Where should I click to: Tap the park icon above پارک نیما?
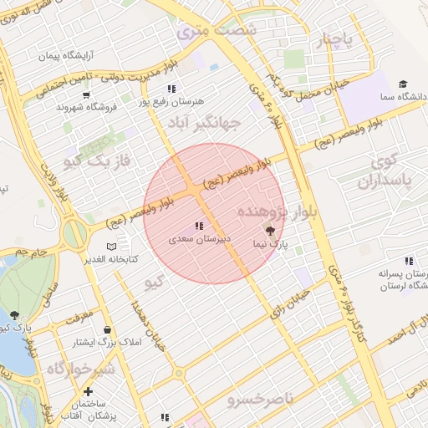269,228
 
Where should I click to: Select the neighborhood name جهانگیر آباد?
204,124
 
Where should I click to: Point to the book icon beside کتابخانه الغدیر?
113,247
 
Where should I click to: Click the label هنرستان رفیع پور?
171,102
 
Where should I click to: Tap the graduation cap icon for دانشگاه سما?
403,84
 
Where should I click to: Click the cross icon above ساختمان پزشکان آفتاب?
88,391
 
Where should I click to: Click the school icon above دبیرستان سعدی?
198,226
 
